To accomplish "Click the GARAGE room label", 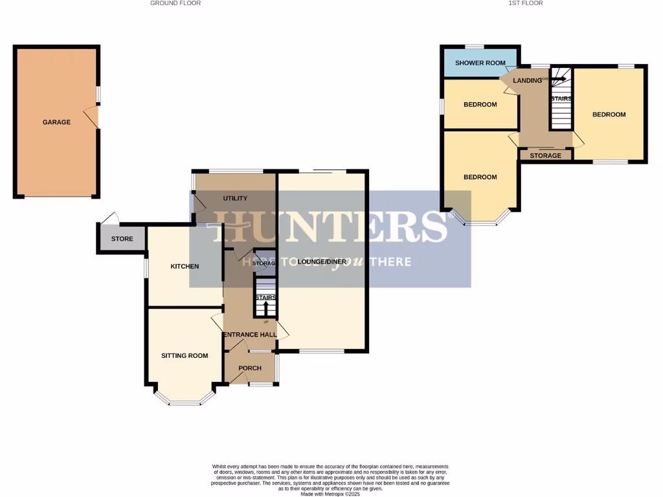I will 56,122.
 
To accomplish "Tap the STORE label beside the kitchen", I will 122,239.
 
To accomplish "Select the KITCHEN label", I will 185,267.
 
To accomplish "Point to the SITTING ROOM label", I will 185,355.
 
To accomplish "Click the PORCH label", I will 250,368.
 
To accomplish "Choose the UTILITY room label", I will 235,198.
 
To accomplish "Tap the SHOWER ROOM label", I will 480,63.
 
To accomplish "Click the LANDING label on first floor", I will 526,80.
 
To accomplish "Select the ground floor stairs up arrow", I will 265,307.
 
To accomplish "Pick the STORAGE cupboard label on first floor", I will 545,156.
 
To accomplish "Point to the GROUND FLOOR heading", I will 175,3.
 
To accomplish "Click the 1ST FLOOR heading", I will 526,3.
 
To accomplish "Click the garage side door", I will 96,117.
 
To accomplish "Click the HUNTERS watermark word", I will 330,226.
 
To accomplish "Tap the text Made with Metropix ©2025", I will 330,494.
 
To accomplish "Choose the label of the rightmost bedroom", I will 609,115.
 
